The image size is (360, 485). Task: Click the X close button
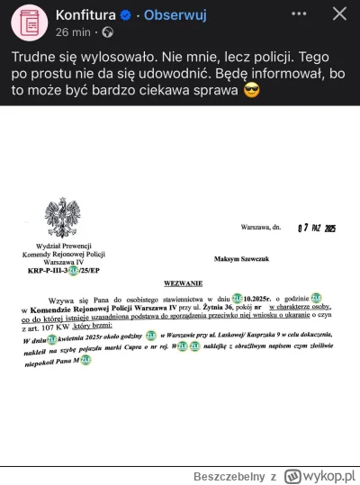pyautogui.click(x=339, y=15)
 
